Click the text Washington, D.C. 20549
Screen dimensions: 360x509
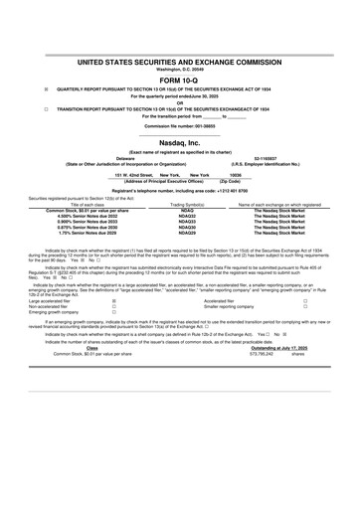(180, 68)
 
